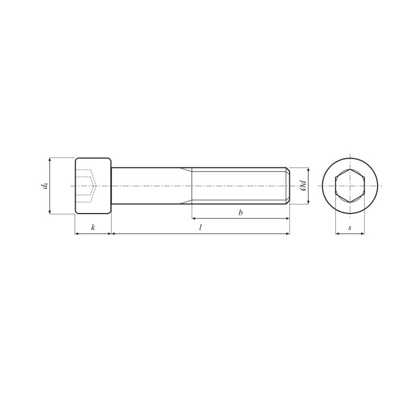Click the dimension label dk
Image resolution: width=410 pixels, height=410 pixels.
pos(46,186)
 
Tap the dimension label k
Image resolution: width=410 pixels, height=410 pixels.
pos(93,227)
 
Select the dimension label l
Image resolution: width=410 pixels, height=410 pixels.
pos(200,227)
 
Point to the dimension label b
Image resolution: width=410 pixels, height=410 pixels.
pos(240,212)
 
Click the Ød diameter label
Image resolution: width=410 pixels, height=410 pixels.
pos(303,186)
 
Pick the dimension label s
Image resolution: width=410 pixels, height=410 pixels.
pos(350,228)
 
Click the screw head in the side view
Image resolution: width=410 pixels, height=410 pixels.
pos(93,186)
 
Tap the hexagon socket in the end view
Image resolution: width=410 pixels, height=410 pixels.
pos(350,186)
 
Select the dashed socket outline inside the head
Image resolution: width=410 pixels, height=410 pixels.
pos(87,186)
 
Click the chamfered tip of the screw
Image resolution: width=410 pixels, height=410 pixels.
pos(288,186)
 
